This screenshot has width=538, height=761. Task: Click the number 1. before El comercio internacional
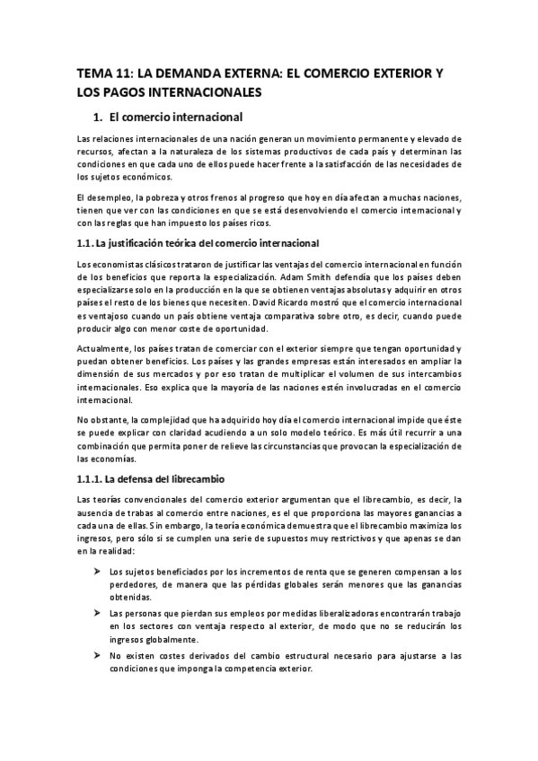pos(100,117)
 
